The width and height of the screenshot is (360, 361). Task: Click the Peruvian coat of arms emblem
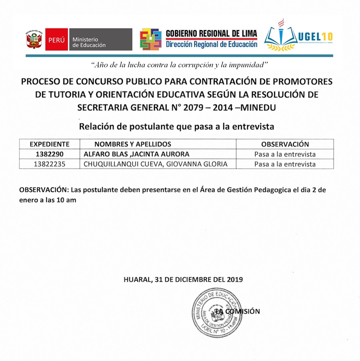click(34, 40)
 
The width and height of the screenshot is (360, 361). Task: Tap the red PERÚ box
click(56, 40)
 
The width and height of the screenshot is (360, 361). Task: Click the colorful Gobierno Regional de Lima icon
click(150, 40)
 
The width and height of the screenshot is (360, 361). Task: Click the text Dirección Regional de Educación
click(212, 45)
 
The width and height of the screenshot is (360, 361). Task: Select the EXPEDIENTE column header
click(50, 144)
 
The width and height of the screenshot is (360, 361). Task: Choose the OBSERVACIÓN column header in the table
click(285, 144)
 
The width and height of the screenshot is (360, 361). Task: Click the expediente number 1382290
click(50, 154)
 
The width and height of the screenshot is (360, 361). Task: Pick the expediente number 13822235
click(50, 164)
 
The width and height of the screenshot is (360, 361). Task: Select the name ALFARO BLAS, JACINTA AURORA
click(136, 154)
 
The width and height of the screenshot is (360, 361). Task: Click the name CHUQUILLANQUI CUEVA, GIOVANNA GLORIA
click(156, 164)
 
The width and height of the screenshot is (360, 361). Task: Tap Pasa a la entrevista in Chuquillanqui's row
click(285, 164)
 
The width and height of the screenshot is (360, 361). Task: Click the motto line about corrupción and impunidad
click(179, 64)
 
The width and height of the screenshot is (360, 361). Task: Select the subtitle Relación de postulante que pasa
click(176, 127)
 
